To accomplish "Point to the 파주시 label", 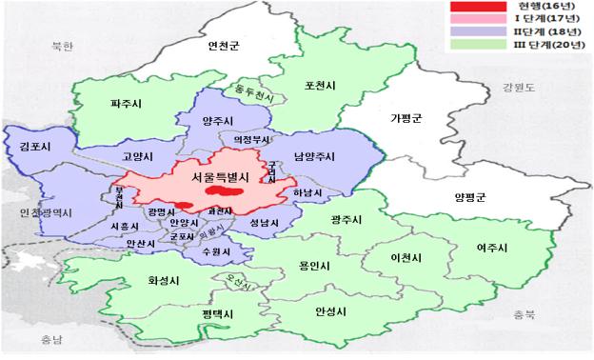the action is [125, 103].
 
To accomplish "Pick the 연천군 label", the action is [227, 45].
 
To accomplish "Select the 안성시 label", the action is [333, 310].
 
